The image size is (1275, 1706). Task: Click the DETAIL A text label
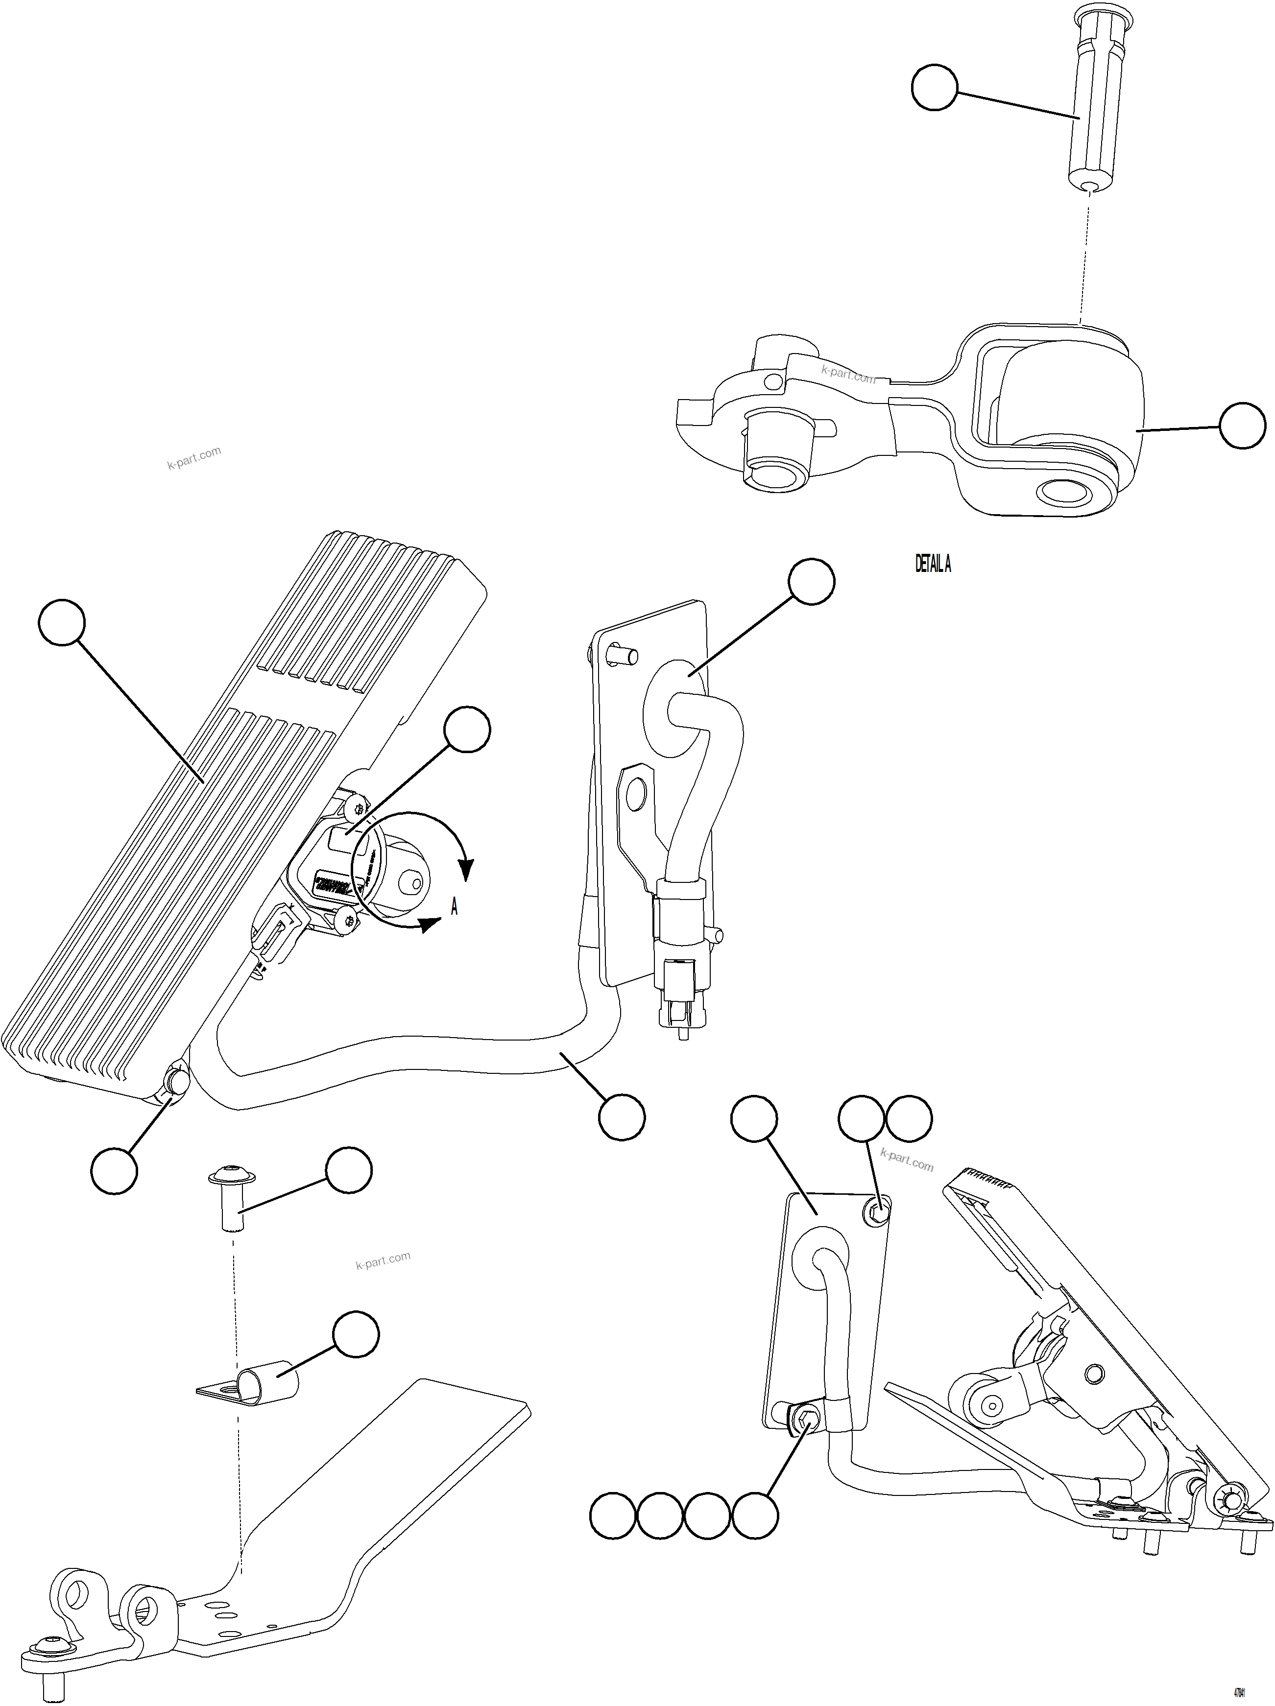point(933,565)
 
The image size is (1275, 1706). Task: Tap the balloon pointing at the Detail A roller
point(1242,425)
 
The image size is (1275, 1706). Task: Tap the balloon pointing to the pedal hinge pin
point(114,1171)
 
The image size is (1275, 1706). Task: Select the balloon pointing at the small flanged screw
point(349,1171)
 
